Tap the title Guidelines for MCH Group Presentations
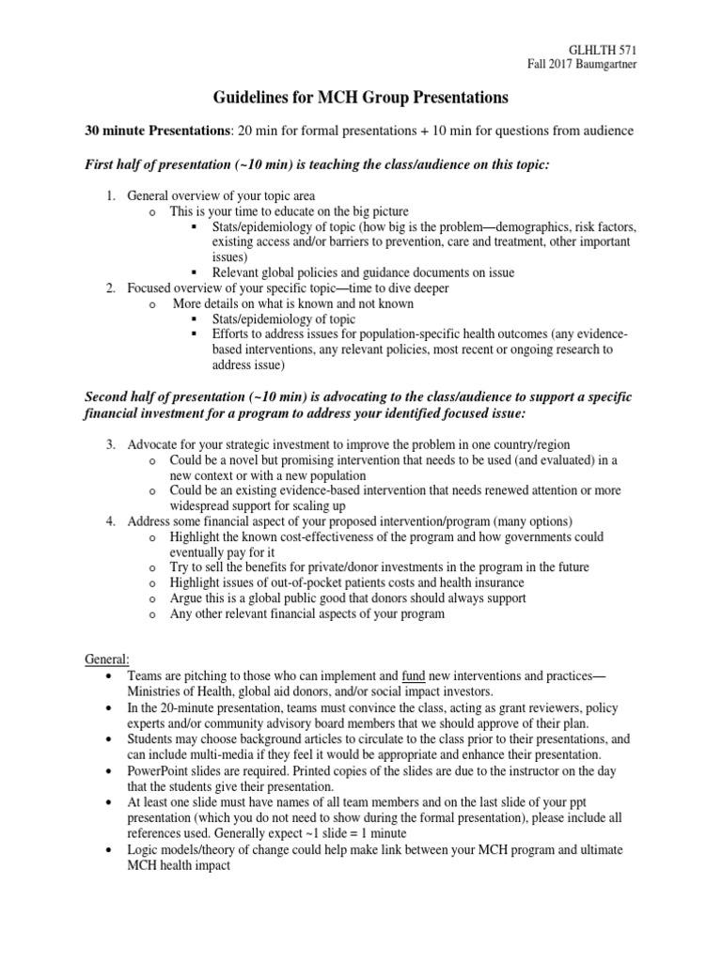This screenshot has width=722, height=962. [360, 98]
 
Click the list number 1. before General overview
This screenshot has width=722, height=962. [111, 196]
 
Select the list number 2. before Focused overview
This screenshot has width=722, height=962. [111, 288]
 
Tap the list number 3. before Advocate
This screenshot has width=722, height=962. [111, 444]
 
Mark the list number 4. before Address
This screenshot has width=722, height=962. [111, 521]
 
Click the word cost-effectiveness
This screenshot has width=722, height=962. [301, 536]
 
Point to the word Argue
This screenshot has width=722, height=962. [187, 598]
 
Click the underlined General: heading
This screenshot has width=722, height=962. [108, 659]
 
